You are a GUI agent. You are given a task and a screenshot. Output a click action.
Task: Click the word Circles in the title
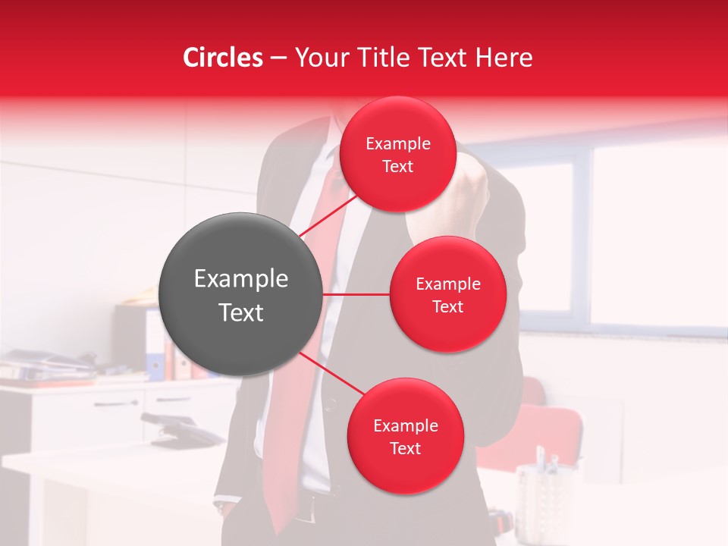(223, 58)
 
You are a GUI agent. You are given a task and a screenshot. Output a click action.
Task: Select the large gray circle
(240, 294)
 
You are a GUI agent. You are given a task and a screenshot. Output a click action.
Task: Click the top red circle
(397, 154)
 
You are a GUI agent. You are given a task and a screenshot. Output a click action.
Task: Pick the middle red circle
(447, 294)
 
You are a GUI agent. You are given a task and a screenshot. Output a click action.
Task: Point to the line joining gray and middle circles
(356, 294)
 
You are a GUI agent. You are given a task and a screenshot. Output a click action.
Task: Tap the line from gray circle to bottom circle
(331, 375)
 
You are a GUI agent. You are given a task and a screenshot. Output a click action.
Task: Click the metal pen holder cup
(543, 493)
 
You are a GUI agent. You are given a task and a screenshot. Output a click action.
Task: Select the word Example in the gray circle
(240, 279)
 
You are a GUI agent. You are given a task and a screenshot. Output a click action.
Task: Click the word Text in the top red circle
(397, 167)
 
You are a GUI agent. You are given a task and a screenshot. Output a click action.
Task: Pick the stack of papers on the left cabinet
(45, 368)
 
